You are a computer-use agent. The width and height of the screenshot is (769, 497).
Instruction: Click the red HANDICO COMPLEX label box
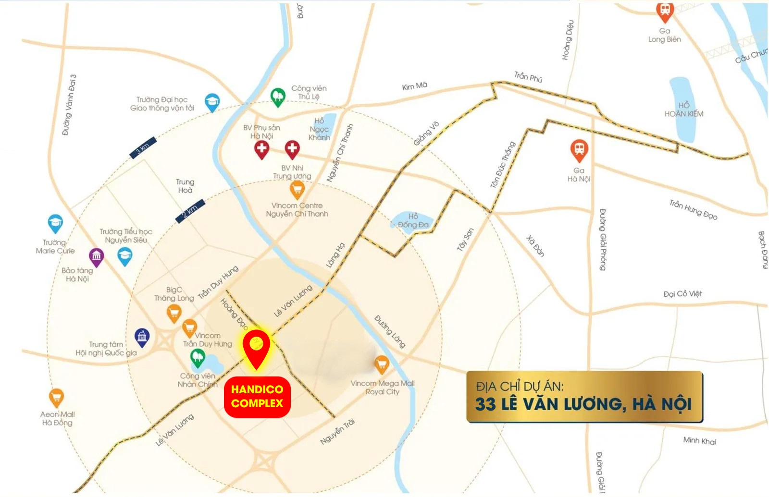click(257, 396)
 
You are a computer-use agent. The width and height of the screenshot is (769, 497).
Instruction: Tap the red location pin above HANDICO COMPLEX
click(256, 347)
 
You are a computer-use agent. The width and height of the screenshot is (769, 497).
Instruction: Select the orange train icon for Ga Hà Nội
click(579, 150)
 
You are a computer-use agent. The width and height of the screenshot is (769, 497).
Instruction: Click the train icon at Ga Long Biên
click(665, 11)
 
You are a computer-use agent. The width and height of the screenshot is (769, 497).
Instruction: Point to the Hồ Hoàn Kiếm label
click(684, 109)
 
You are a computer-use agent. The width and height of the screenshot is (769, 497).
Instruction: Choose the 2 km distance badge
click(190, 210)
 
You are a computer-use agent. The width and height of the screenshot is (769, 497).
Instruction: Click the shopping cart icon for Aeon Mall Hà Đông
click(57, 397)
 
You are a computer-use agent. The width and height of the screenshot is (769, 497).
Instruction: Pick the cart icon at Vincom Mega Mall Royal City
click(382, 364)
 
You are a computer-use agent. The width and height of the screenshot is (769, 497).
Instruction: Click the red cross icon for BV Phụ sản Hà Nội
click(261, 149)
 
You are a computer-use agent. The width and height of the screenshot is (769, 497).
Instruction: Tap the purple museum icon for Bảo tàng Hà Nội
click(96, 257)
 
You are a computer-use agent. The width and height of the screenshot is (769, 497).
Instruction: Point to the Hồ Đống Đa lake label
click(413, 220)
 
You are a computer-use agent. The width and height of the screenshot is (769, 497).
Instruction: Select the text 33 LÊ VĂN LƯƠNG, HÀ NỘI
click(583, 404)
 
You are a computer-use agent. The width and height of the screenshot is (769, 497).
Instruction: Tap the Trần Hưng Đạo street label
click(693, 210)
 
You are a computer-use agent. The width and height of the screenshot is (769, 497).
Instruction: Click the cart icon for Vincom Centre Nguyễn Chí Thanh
click(297, 189)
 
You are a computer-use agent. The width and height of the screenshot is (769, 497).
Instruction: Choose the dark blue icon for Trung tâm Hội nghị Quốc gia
click(142, 337)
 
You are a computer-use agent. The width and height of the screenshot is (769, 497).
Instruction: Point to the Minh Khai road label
click(699, 440)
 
